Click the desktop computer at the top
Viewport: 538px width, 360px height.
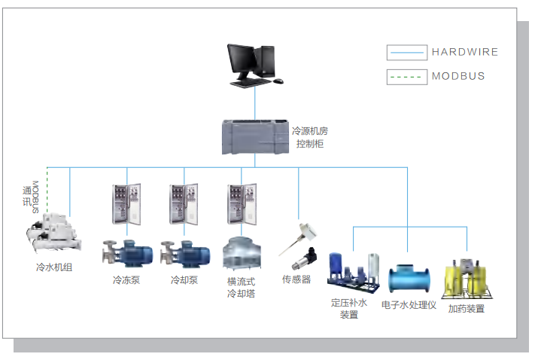pyautogui.click(x=254, y=64)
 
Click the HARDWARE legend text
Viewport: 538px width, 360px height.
pyautogui.click(x=464, y=52)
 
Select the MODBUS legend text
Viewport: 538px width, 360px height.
pyautogui.click(x=458, y=76)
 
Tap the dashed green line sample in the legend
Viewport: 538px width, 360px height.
pyautogui.click(x=406, y=76)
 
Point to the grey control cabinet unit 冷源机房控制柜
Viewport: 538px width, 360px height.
pyautogui.click(x=256, y=138)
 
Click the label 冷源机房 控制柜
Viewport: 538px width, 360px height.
pyautogui.click(x=310, y=137)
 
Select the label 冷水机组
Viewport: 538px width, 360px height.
pyautogui.click(x=54, y=267)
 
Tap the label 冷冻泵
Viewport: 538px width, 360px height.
pyautogui.click(x=126, y=281)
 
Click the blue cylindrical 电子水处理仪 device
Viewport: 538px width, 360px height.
pyautogui.click(x=409, y=278)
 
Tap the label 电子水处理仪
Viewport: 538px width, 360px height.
pyautogui.click(x=409, y=305)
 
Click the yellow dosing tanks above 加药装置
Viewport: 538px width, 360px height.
pyautogui.click(x=467, y=279)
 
